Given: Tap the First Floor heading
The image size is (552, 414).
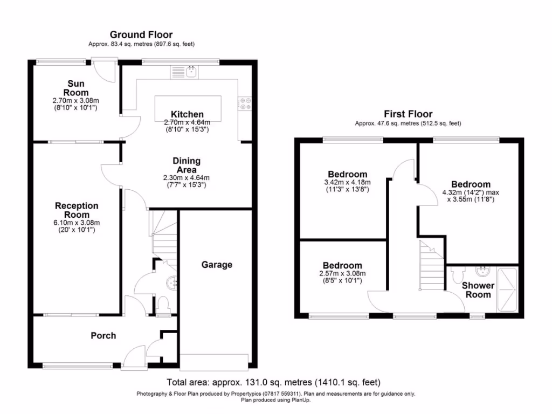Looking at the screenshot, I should (x=408, y=114).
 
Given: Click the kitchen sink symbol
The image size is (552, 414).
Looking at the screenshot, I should (x=191, y=71).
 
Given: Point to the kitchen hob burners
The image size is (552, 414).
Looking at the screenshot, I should (x=246, y=103).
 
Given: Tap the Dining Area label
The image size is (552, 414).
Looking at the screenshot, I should (x=187, y=165).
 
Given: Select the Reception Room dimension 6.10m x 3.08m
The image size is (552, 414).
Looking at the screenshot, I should (x=77, y=222).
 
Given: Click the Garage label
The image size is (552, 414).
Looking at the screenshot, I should (x=217, y=265).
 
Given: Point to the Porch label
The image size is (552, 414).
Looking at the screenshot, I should (x=103, y=335).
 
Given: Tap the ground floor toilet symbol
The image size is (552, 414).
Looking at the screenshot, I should (x=163, y=304).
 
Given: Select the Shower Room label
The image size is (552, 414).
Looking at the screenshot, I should (x=478, y=290).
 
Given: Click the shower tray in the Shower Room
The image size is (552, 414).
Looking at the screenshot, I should (x=508, y=291).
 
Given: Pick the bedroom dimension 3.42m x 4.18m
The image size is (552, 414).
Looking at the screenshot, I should (x=348, y=182).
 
